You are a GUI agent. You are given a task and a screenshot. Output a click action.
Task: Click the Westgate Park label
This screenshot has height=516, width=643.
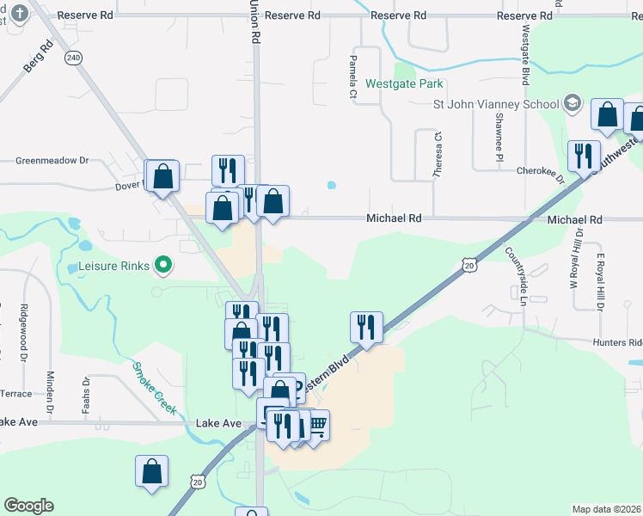tap(404, 84)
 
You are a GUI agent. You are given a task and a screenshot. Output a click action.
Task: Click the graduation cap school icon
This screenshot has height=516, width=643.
tap(572, 104)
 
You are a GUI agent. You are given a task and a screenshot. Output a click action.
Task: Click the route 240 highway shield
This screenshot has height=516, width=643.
tap(74, 58)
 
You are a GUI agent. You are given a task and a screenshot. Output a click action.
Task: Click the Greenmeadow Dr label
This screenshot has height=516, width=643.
tap(52, 160)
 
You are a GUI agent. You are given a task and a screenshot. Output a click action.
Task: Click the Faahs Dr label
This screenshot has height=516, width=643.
tap(86, 395)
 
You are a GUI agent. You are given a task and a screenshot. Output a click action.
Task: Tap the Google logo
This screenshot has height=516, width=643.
tap(28, 505)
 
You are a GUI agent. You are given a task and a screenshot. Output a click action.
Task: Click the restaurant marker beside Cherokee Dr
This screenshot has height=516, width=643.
tap(584, 155)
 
